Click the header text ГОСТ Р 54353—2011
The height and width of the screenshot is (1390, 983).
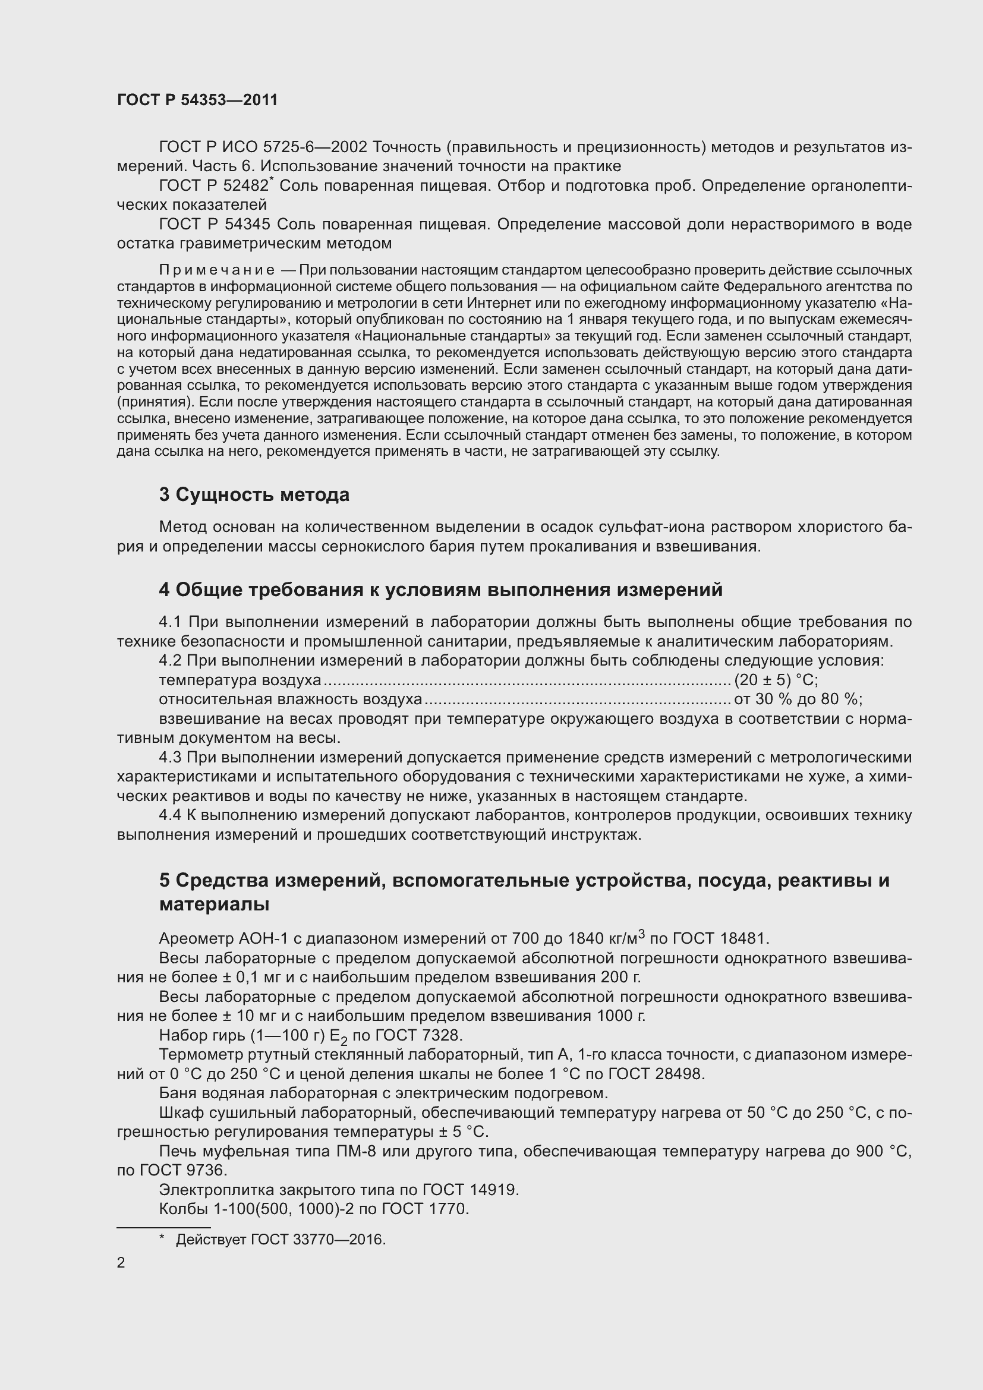coord(197,100)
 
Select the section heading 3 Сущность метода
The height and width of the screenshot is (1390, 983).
coord(254,494)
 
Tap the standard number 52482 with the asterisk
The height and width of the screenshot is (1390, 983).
coord(246,186)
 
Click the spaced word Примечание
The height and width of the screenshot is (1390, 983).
coord(217,269)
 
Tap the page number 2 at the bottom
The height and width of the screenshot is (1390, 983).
coord(121,1263)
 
